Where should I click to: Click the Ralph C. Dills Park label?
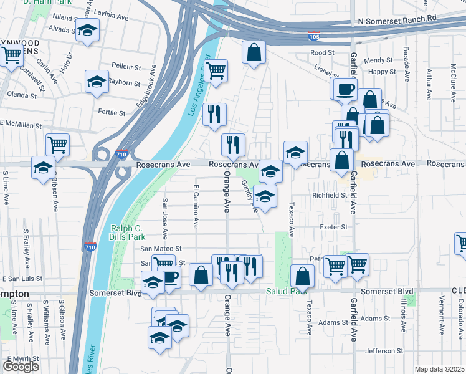point(128,233)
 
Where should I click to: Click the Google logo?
point(21,366)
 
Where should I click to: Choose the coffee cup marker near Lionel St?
point(345,89)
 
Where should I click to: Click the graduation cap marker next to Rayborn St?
point(97,82)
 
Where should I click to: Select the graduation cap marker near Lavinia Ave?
point(88,31)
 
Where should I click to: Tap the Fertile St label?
point(112,113)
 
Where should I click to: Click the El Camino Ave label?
point(196,205)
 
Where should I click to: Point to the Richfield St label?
point(329,195)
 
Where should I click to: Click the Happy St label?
point(378,72)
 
